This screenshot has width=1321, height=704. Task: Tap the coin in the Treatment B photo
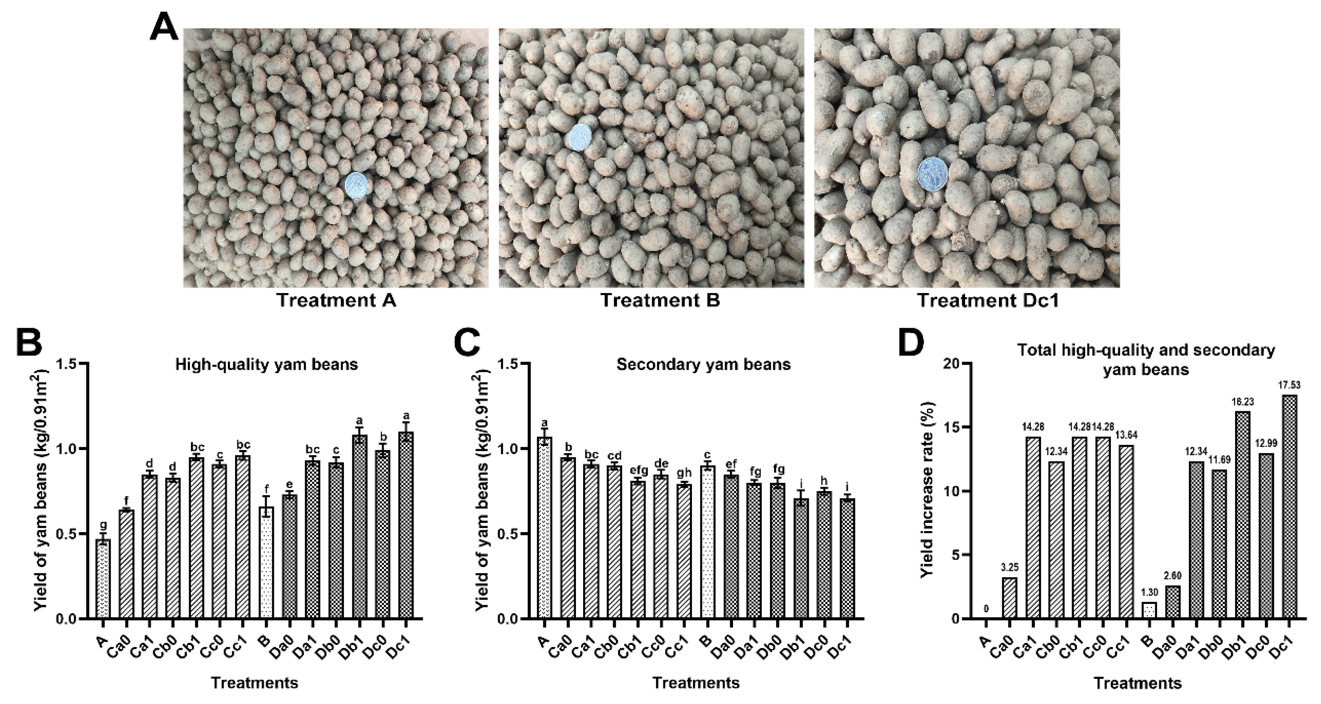pos(579,138)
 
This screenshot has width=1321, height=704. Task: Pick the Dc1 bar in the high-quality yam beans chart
pos(406,525)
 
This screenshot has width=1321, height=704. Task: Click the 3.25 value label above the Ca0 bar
pos(1009,567)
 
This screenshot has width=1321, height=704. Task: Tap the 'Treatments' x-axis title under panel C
pos(696,683)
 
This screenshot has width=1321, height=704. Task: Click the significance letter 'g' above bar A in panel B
pos(103,526)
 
